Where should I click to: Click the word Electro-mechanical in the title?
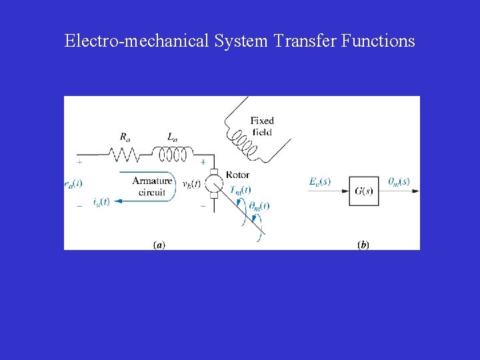tap(137, 41)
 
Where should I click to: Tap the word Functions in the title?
tap(378, 41)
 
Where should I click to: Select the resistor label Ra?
tap(125, 137)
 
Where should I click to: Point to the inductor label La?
tap(172, 137)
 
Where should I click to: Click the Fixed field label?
tap(262, 126)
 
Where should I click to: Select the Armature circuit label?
tap(152, 186)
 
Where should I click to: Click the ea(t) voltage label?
tap(73, 182)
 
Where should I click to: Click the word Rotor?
tap(237, 175)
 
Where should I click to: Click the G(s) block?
tap(363, 191)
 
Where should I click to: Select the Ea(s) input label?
tap(320, 181)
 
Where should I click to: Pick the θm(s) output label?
tap(399, 181)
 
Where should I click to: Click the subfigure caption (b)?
tap(363, 245)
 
